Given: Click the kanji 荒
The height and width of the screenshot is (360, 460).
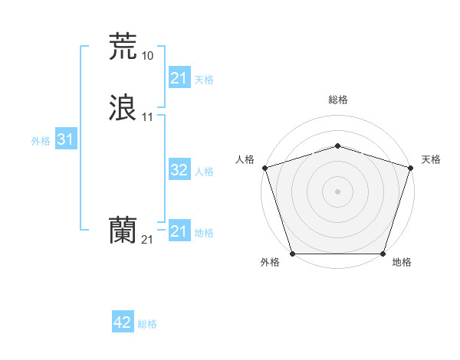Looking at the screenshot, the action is (x=123, y=47).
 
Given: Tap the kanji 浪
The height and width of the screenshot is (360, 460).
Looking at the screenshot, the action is (x=123, y=108).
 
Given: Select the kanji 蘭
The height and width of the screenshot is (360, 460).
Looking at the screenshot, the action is (x=123, y=231).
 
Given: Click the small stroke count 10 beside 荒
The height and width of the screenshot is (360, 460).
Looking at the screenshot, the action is (x=147, y=56).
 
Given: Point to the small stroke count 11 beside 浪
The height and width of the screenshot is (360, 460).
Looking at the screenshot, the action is (x=147, y=117).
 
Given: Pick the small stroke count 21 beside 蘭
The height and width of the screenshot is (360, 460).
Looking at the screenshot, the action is (x=147, y=240).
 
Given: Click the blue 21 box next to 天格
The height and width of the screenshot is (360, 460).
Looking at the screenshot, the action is (x=179, y=78).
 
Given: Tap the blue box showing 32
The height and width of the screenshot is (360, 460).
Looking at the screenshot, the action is (x=179, y=170).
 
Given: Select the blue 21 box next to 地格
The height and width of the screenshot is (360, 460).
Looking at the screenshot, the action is (x=179, y=231).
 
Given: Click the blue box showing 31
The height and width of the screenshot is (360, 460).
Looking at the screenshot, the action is (x=65, y=139).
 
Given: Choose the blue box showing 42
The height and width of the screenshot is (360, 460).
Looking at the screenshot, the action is (x=123, y=322).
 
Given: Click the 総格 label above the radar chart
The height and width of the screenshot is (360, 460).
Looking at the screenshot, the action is (x=337, y=100).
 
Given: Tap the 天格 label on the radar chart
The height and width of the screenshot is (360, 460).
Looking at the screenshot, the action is (x=431, y=159).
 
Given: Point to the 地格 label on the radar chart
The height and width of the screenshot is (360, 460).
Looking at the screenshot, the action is (x=402, y=263).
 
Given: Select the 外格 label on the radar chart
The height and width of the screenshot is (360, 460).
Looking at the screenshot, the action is (x=270, y=263).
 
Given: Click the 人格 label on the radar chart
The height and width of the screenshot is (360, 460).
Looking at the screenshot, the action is (x=245, y=159).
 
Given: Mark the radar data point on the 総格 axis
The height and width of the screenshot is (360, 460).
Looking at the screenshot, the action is (x=337, y=146).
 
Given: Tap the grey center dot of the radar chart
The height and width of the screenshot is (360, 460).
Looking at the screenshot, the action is (x=337, y=191).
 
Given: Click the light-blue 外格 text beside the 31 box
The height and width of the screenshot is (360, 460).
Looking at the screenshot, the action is (x=41, y=141).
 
